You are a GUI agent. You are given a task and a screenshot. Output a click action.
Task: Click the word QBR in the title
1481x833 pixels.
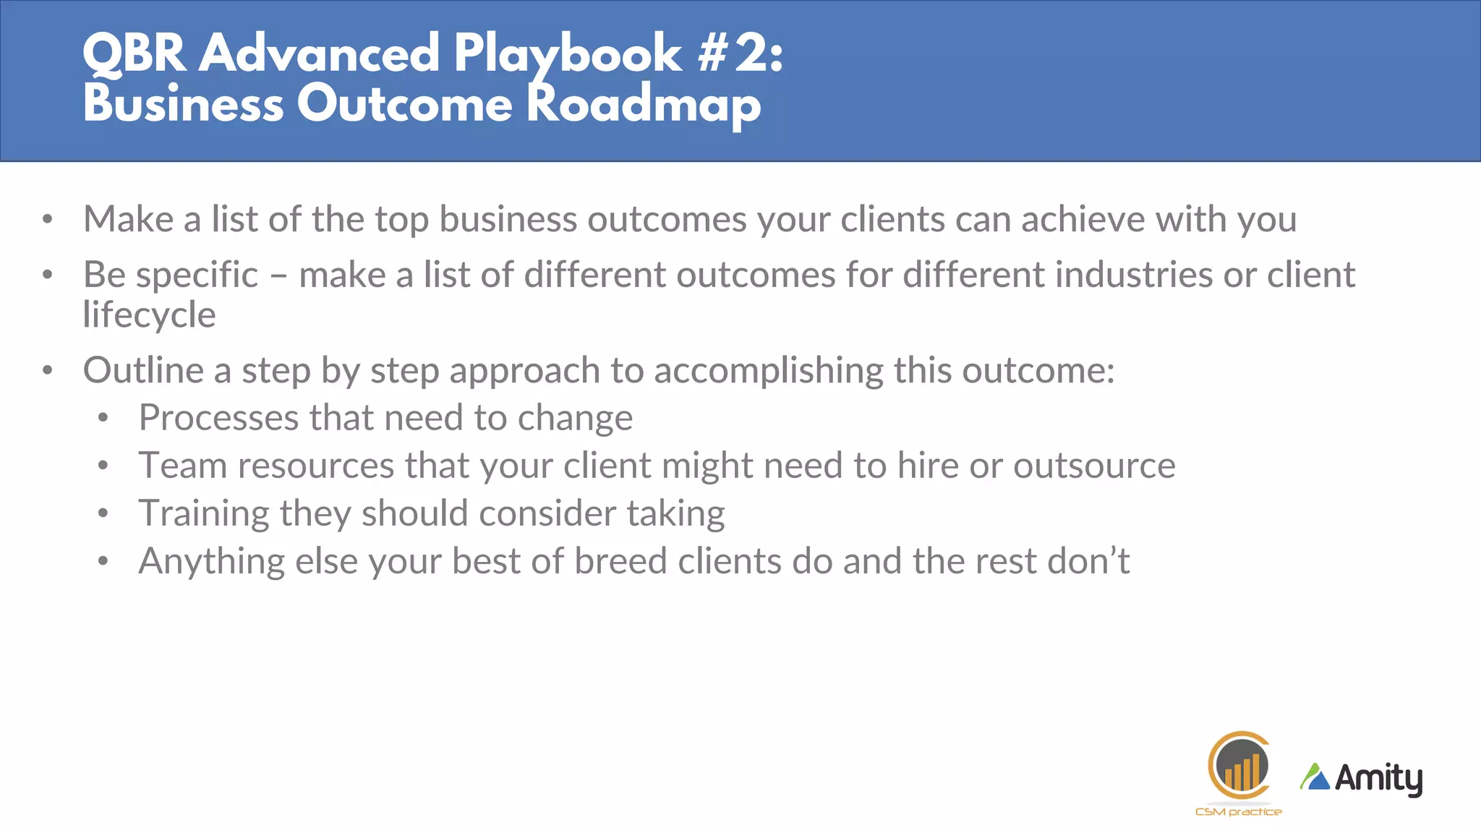pyautogui.click(x=135, y=54)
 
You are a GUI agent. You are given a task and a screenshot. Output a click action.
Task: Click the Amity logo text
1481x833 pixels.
pyautogui.click(x=1378, y=779)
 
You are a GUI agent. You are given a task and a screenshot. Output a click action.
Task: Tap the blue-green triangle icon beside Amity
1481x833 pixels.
pyautogui.click(x=1315, y=777)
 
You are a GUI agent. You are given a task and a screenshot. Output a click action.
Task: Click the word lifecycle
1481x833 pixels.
pyautogui.click(x=149, y=315)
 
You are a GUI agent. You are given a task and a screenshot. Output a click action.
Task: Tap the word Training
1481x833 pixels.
pyautogui.click(x=204, y=514)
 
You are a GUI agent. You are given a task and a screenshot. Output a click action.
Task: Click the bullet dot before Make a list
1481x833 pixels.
pyautogui.click(x=48, y=219)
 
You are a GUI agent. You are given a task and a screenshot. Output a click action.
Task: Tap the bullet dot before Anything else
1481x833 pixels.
pyautogui.click(x=103, y=561)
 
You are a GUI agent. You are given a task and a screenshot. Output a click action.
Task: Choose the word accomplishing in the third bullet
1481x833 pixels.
pyautogui.click(x=768, y=371)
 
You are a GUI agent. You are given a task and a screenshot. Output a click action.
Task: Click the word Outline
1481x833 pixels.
pyautogui.click(x=143, y=371)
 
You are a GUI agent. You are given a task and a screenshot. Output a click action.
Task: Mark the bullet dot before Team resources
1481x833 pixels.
pyautogui.click(x=103, y=466)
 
